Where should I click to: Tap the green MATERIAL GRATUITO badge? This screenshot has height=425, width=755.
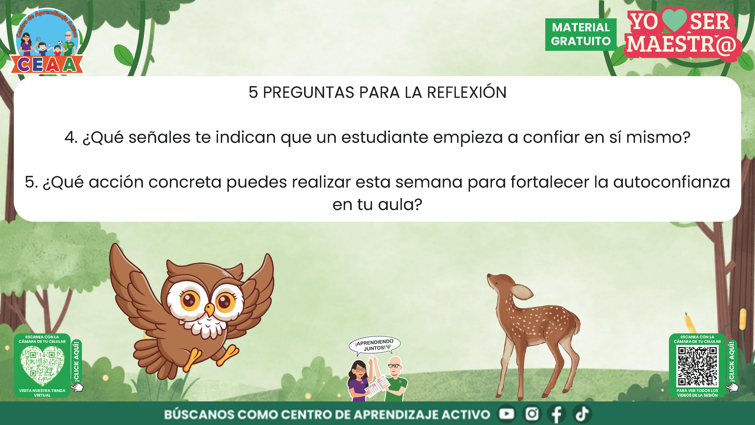coord(581,34)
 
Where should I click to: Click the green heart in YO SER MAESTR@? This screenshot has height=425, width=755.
coord(674,20)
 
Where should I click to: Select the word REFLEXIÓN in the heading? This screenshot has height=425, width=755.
coord(467,92)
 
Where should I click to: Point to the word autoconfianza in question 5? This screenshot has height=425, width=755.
coord(672,182)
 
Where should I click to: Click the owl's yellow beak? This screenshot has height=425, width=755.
coord(210,309)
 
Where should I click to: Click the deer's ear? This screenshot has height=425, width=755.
coord(522,291)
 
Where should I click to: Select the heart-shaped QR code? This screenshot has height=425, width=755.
coord(42,365)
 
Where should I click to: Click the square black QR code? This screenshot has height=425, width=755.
coord(697,366)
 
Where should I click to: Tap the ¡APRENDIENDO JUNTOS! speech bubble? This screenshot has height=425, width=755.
coord(374,345)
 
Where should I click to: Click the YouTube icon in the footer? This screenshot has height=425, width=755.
coord(506,414)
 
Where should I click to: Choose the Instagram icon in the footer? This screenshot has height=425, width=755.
coord(532,414)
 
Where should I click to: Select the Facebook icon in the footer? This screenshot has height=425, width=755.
coord(557,414)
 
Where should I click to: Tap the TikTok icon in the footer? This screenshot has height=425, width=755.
coord(582,414)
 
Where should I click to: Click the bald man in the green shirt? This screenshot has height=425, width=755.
coord(395,378)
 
